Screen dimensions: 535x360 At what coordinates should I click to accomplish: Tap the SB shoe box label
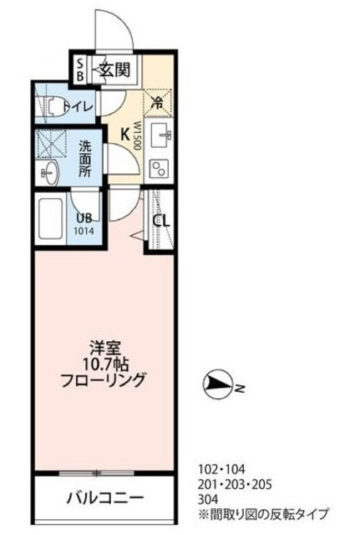80,69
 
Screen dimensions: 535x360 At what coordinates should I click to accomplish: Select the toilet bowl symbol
53,105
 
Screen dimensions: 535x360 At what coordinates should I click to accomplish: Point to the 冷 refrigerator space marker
156,104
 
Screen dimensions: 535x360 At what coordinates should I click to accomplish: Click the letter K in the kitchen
124,132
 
